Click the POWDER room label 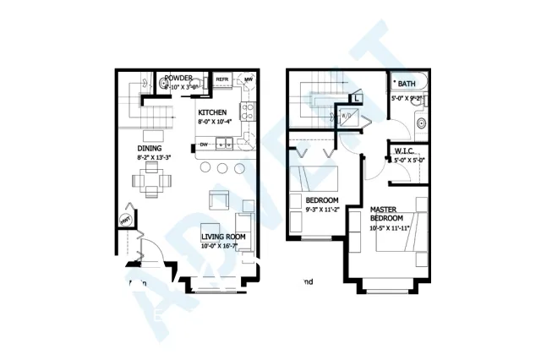(x=180, y=77)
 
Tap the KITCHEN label (x=212, y=112)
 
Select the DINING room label (x=150, y=148)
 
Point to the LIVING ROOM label (x=223, y=237)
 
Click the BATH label (x=407, y=84)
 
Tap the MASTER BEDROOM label (x=388, y=213)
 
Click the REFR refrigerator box (x=223, y=80)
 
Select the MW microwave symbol (x=249, y=80)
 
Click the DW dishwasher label (x=204, y=145)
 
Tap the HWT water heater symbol (x=126, y=221)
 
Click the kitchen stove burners (x=248, y=109)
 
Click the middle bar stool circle (x=222, y=167)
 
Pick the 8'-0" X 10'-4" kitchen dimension (x=214, y=123)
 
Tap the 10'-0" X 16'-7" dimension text (x=223, y=247)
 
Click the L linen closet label (x=358, y=99)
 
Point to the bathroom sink (x=421, y=125)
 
